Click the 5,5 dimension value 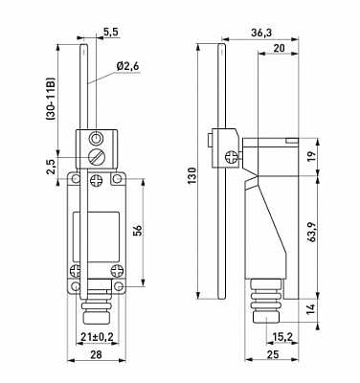[x=111, y=32]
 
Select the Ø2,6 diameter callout [x=127, y=67]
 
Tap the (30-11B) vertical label [x=51, y=99]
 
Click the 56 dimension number [x=138, y=231]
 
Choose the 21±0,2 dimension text [x=98, y=337]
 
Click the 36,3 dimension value [x=261, y=33]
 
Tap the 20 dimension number [x=280, y=48]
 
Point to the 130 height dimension [x=191, y=175]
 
